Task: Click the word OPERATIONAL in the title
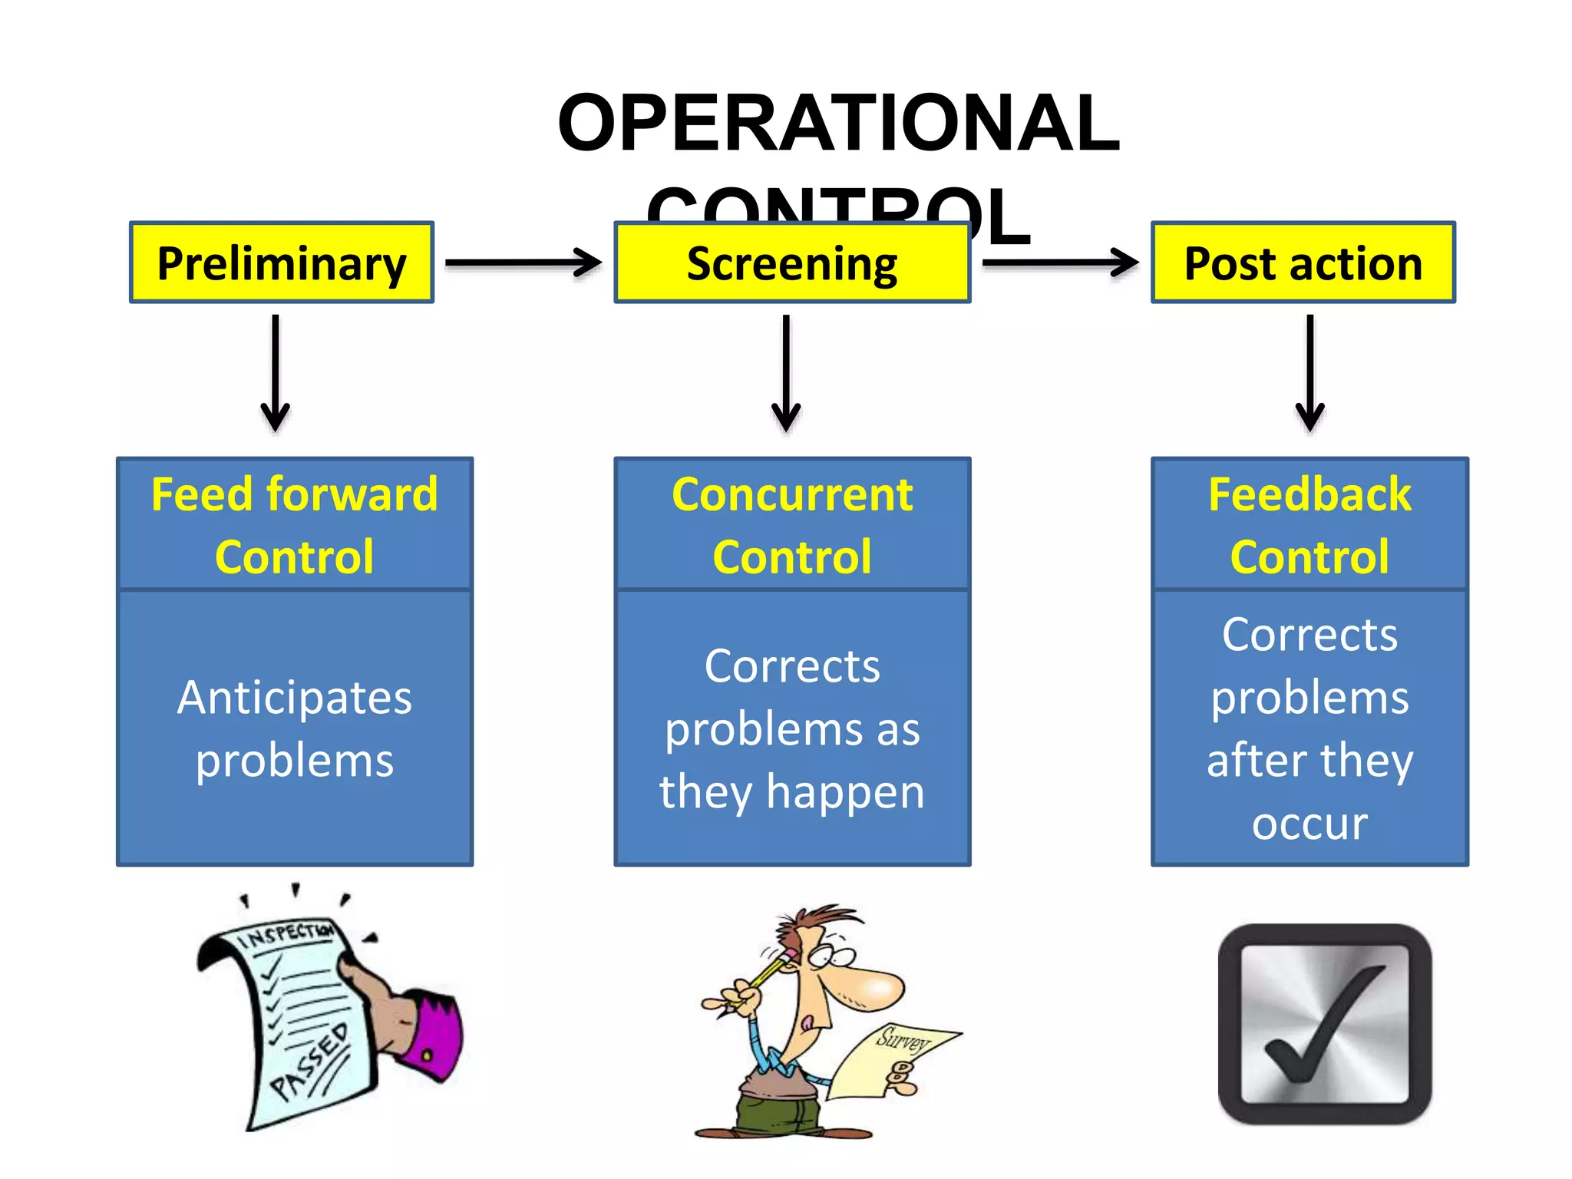tap(838, 123)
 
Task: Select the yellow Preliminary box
tap(282, 263)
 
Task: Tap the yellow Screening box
tap(792, 263)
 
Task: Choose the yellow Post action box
tap(1303, 263)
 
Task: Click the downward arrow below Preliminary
tap(275, 372)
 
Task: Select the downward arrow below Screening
tap(786, 372)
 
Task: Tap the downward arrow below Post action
tap(1309, 372)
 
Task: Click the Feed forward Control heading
tap(295, 525)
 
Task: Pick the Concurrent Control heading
tap(792, 525)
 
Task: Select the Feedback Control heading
tap(1309, 525)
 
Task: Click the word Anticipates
tap(295, 697)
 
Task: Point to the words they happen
tap(792, 792)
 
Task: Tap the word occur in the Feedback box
tap(1309, 824)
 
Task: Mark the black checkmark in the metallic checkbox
tap(1324, 1025)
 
